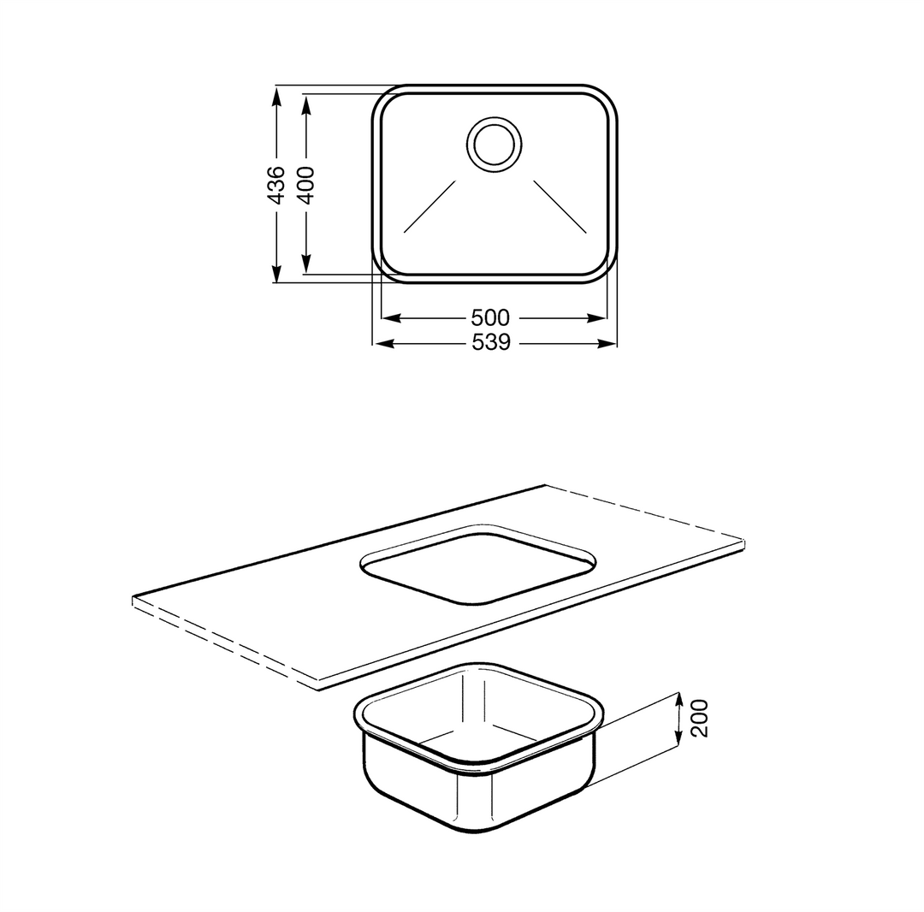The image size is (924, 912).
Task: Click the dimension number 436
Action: tap(276, 185)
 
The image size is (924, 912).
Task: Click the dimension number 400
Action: tap(305, 185)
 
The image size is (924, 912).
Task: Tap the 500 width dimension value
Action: tap(490, 317)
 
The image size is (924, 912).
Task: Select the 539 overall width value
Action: tap(491, 342)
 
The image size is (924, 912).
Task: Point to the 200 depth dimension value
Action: tap(699, 718)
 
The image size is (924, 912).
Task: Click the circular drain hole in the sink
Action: tap(495, 145)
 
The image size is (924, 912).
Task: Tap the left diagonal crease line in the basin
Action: tap(429, 206)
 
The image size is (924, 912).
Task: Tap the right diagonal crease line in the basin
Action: tap(560, 206)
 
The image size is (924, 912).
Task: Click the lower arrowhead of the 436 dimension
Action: tap(275, 273)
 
